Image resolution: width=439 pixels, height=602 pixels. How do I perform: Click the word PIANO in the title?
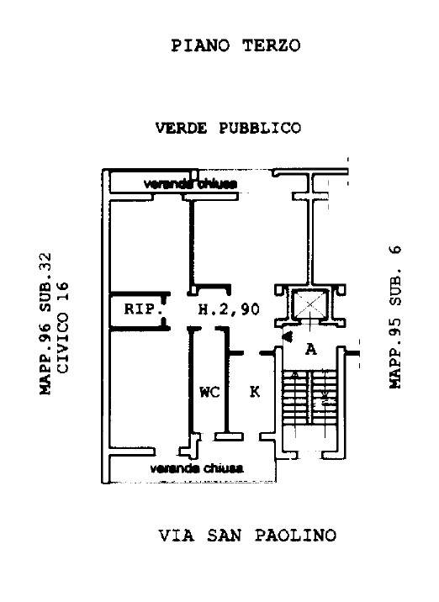click(200, 45)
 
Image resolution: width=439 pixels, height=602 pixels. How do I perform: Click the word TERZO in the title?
click(271, 45)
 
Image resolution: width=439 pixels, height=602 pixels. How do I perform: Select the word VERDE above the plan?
click(181, 128)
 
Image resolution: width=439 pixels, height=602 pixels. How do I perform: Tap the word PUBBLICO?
click(260, 128)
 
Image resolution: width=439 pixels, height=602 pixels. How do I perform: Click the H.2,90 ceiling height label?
click(229, 309)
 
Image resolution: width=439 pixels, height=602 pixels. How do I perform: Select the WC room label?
click(209, 392)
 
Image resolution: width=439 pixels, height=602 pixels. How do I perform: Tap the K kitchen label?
click(255, 392)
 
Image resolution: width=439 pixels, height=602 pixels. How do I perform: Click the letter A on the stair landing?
click(311, 350)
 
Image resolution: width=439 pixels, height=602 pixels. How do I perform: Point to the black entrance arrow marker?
click(288, 336)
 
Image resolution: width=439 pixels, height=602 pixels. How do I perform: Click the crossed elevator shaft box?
click(310, 305)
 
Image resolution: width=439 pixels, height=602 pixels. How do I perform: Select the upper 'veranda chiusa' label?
click(190, 184)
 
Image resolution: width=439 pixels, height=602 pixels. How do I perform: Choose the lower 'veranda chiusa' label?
click(196, 468)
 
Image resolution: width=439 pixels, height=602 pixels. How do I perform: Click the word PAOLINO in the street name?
click(295, 536)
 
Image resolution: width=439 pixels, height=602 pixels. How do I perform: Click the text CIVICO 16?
click(62, 328)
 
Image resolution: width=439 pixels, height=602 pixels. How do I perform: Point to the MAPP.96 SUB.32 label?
click(45, 323)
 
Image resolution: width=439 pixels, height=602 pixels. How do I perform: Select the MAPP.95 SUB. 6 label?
click(394, 317)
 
